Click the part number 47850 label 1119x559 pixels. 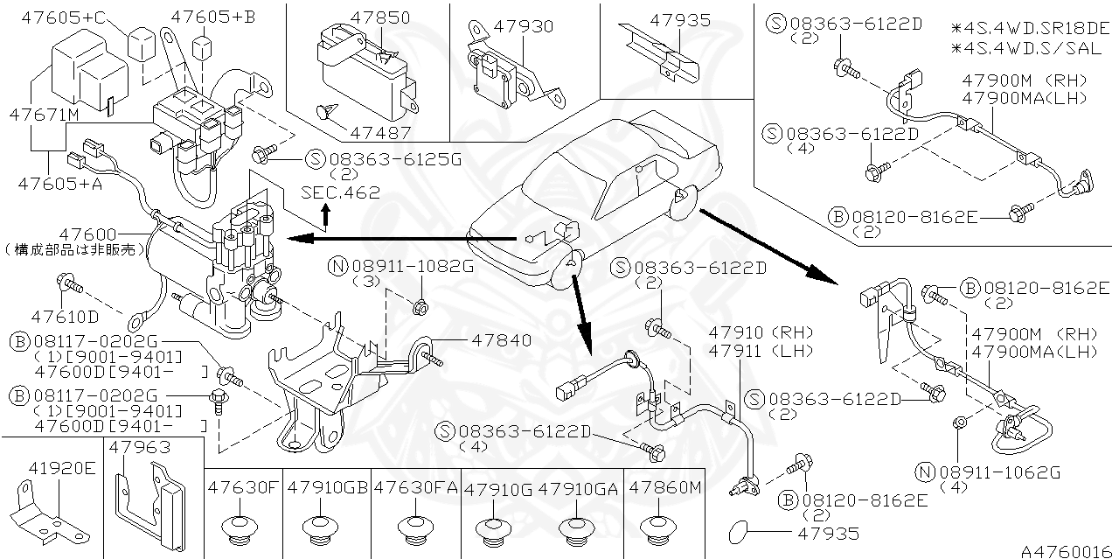(380, 17)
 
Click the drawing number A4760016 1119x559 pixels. (1067, 550)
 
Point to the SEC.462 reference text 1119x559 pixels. (340, 192)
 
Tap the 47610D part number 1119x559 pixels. (66, 315)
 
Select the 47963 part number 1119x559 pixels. (142, 447)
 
